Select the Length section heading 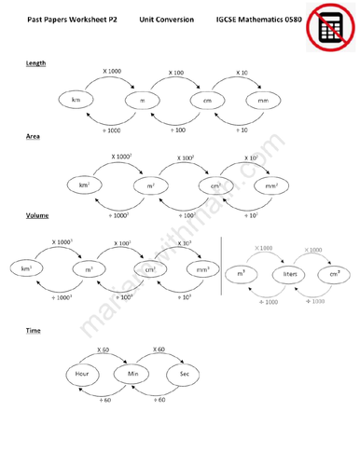[36, 62]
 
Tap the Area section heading [33, 137]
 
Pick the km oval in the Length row [73, 100]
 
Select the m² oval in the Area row [150, 185]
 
